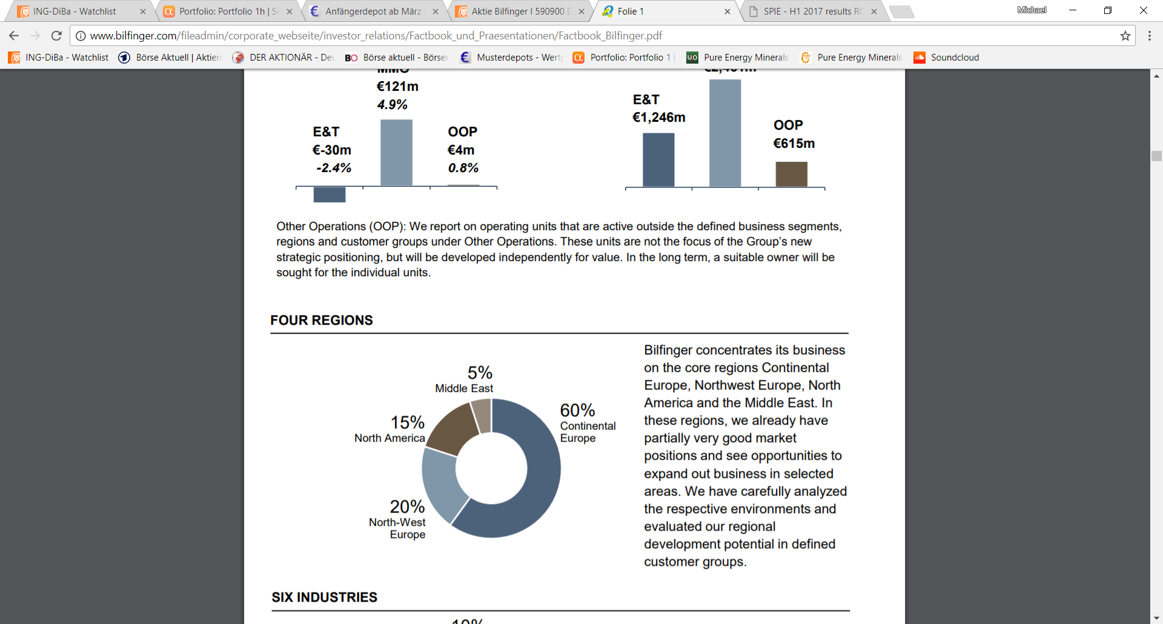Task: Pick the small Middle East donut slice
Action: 482,414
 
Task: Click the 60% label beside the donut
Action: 577,411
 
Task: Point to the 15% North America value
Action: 407,422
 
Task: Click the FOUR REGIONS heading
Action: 322,320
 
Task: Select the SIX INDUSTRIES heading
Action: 325,597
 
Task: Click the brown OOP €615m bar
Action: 791,174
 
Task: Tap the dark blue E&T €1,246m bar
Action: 658,160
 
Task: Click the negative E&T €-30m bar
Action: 330,194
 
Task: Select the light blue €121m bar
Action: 396,153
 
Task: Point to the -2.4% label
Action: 334,168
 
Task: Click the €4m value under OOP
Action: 461,150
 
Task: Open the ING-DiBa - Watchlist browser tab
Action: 75,12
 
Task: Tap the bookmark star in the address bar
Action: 1125,36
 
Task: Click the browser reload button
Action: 56,36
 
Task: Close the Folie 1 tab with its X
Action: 727,12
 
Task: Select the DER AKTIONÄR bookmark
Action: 283,58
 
